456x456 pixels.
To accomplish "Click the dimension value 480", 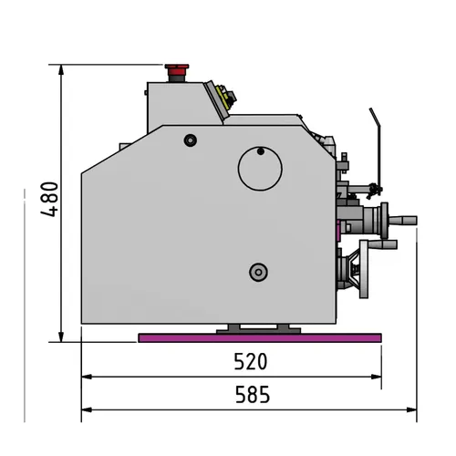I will pos(51,200).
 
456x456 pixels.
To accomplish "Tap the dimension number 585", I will pos(252,396).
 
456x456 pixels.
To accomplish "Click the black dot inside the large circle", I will pos(261,150).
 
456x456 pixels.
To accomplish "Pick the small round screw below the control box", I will pos(190,140).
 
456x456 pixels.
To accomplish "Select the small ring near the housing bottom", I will pos(258,271).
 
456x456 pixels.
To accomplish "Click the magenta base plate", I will pos(259,338).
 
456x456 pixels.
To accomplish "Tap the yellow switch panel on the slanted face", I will pos(222,95).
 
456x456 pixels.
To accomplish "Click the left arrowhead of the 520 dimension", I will pos(86,376).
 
